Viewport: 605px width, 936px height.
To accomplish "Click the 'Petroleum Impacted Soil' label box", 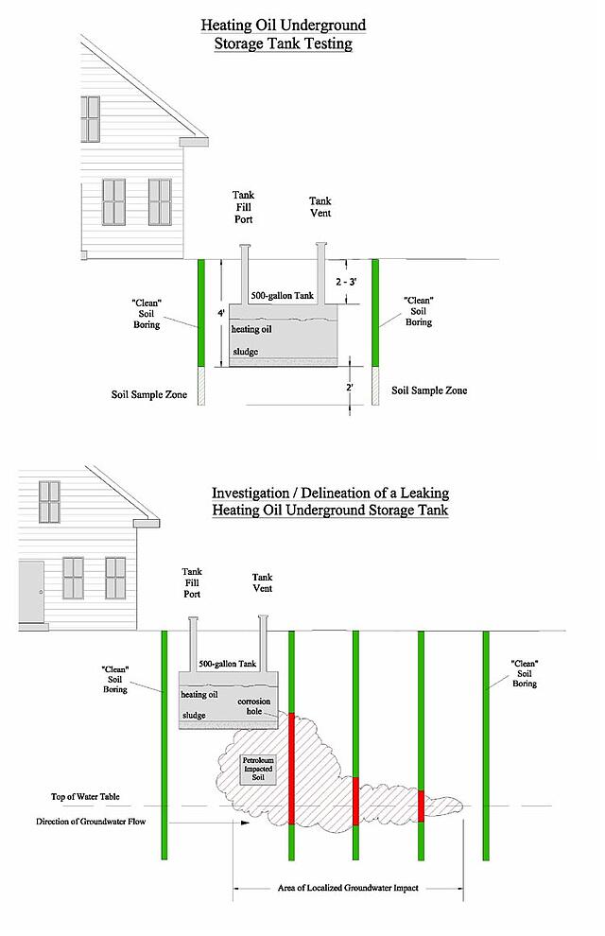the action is pyautogui.click(x=258, y=770).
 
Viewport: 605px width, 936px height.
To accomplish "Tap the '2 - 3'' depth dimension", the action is pyautogui.click(x=345, y=282).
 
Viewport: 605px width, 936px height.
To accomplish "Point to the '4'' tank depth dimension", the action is pyautogui.click(x=221, y=313).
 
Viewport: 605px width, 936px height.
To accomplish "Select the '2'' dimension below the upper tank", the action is pyautogui.click(x=350, y=387).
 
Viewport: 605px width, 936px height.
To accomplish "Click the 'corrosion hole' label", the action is pyautogui.click(x=254, y=706).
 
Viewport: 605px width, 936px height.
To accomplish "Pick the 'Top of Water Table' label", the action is pyautogui.click(x=85, y=797).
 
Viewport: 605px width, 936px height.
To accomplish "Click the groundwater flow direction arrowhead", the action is pyautogui.click(x=245, y=822).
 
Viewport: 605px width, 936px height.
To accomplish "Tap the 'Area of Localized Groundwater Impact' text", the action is pyautogui.click(x=348, y=888).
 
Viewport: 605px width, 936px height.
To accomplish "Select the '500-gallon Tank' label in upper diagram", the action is pyautogui.click(x=283, y=296).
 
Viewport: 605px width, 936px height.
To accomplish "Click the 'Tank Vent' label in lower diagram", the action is pyautogui.click(x=262, y=582).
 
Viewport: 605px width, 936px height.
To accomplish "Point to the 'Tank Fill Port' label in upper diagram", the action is pyautogui.click(x=243, y=207).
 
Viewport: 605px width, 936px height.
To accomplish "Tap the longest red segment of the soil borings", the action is pyautogui.click(x=292, y=769).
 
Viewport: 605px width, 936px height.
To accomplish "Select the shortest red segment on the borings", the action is pyautogui.click(x=421, y=806).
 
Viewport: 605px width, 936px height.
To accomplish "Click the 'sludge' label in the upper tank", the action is pyautogui.click(x=245, y=352).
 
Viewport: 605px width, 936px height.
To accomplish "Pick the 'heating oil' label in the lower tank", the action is pyautogui.click(x=199, y=695).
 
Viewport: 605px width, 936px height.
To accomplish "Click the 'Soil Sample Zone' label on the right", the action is pyautogui.click(x=429, y=390).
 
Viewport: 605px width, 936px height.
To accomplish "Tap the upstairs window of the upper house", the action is pyautogui.click(x=90, y=119).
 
